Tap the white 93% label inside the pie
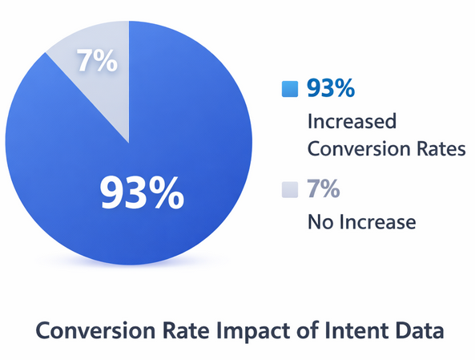tap(141, 192)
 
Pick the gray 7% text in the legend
tap(324, 189)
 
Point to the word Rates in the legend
tap(439, 149)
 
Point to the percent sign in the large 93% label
tap(168, 192)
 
